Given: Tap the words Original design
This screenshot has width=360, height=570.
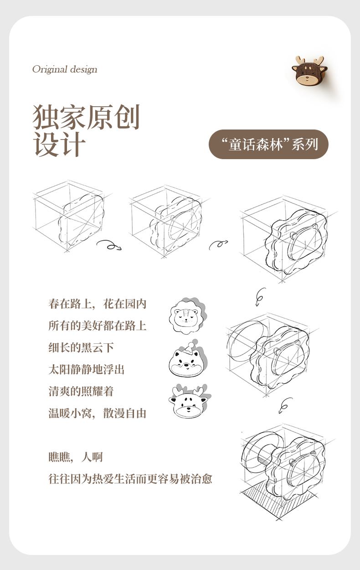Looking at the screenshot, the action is pyautogui.click(x=65, y=69).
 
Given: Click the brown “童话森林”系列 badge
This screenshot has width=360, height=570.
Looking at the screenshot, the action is pyautogui.click(x=268, y=144).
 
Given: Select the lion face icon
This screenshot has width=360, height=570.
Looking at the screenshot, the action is pyautogui.click(x=188, y=316).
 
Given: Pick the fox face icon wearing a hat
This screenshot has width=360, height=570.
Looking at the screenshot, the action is pyautogui.click(x=188, y=359).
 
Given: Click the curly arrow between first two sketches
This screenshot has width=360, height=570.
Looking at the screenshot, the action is pyautogui.click(x=109, y=245).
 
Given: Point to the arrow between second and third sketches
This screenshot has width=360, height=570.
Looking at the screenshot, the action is pyautogui.click(x=218, y=244).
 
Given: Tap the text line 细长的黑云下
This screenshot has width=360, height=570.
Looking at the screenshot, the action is pyautogui.click(x=81, y=347).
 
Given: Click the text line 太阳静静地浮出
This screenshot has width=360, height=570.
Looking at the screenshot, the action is pyautogui.click(x=87, y=369).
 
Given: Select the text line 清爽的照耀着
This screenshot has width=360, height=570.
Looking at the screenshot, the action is pyautogui.click(x=81, y=391).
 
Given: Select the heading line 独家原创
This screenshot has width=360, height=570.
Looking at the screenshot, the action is pyautogui.click(x=87, y=117).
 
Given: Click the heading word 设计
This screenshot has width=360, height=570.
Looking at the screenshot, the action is pyautogui.click(x=59, y=144).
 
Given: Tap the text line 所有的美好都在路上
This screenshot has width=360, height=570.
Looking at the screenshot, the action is pyautogui.click(x=98, y=326).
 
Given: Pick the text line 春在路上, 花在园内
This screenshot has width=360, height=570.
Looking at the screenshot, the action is pyautogui.click(x=98, y=304).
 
